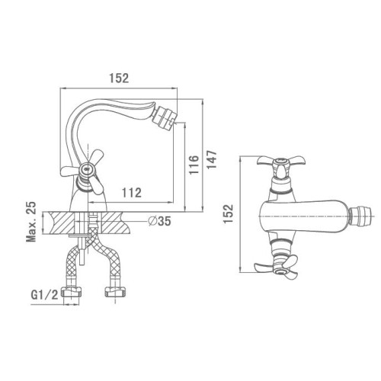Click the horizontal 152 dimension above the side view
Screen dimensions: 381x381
coord(119,78)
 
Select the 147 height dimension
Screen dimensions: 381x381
coord(212,159)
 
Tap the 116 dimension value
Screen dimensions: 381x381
coord(194,165)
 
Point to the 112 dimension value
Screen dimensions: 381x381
coord(132,193)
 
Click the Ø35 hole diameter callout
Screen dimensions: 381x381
coord(160,221)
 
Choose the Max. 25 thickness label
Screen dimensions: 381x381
coord(31,222)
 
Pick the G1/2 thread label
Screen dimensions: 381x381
coord(44,295)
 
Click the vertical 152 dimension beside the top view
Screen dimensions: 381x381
coord(229,214)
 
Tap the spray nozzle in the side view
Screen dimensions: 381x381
coord(165,118)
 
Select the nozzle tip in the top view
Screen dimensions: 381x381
coord(360,216)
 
